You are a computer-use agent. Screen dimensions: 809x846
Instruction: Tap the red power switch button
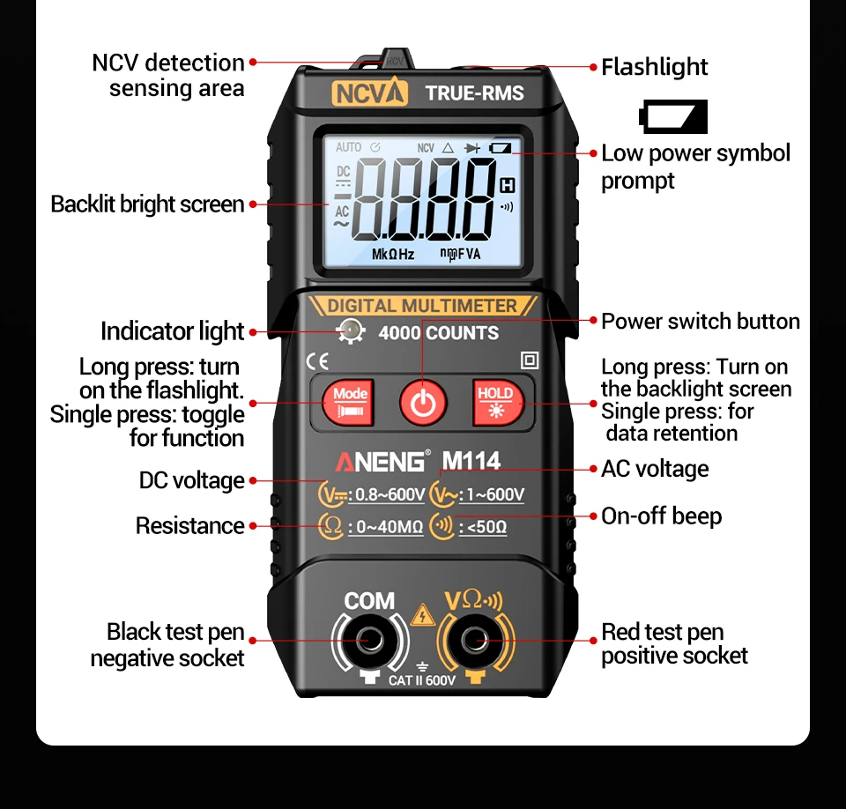424,402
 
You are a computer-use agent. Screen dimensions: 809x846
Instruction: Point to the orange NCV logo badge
370,93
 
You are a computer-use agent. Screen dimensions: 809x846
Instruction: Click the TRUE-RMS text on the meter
474,93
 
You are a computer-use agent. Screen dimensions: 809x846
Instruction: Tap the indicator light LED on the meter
352,332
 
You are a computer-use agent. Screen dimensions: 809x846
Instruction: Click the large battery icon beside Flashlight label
674,116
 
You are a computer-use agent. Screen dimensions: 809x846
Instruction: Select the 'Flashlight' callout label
654,67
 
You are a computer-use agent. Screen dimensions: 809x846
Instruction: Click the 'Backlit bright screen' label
147,204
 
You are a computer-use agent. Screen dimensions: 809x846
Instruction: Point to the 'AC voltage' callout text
655,469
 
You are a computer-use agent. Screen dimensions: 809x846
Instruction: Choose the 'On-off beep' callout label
661,516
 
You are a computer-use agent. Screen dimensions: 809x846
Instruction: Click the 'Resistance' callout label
189,526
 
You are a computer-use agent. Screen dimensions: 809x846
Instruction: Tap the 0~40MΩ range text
386,528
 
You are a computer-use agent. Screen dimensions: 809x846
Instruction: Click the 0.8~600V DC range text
387,494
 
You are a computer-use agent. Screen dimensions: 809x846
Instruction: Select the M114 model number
471,461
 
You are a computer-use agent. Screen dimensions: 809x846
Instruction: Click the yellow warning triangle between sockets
424,614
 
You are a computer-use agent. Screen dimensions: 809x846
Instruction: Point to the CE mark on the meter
317,360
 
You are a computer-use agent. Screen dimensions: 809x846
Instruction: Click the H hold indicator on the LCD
507,185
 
